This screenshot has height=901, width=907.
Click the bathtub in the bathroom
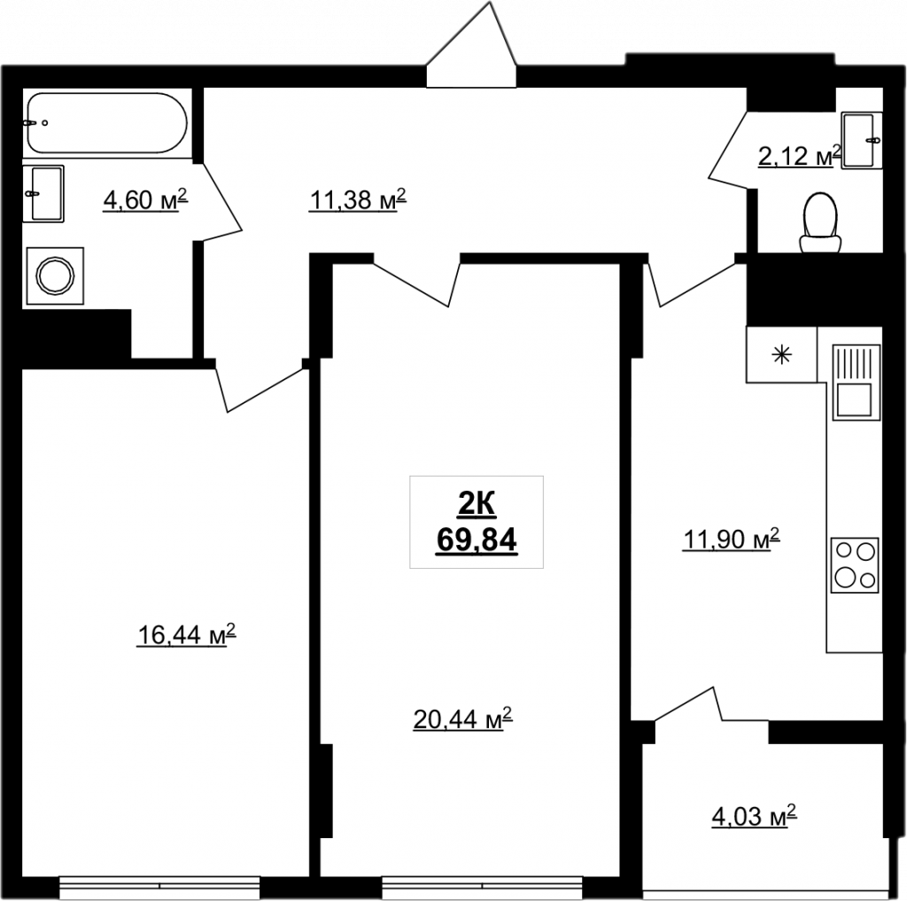coord(107,123)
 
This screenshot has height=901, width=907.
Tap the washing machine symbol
coord(55,276)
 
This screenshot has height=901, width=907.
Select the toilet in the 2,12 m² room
coord(820,223)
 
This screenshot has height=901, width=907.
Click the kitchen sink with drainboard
coord(857,382)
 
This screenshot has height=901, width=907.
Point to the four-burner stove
coord(855,565)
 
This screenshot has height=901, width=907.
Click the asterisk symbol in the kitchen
coord(782,354)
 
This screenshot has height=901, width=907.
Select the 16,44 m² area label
coord(186,634)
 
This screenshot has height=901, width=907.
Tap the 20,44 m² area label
coord(462,719)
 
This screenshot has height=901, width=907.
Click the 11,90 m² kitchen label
coord(731,540)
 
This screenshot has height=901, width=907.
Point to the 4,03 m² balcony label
coord(754,817)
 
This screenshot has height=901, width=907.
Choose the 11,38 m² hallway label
coord(358,199)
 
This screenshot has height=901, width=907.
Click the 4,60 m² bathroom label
coord(146,199)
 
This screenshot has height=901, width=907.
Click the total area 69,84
coord(476,540)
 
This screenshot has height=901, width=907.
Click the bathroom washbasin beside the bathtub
coord(43,193)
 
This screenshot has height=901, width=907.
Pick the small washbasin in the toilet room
coord(861,140)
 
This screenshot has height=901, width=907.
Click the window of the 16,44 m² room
coord(159,888)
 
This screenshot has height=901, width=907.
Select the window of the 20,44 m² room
coord(483,888)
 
